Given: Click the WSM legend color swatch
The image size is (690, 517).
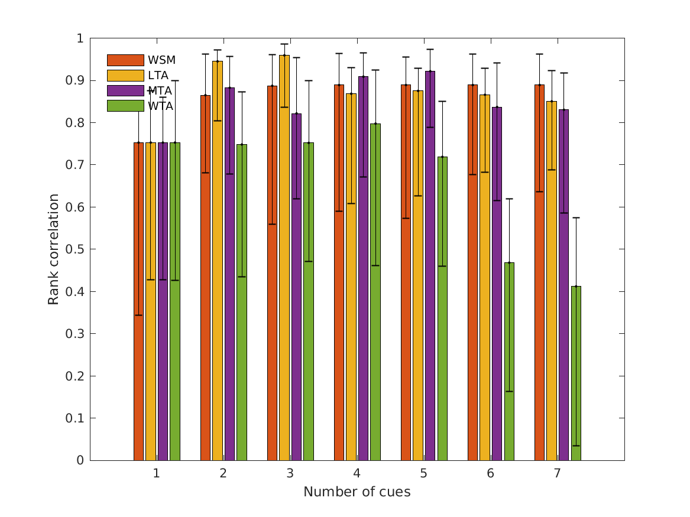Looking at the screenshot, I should (x=125, y=60).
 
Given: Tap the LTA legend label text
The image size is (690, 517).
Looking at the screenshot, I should (x=158, y=75).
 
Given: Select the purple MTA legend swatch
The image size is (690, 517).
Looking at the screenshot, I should (x=125, y=90).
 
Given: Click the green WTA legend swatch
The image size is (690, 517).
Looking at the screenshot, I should (x=125, y=106).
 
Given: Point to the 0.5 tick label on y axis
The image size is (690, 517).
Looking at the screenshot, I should (x=76, y=249).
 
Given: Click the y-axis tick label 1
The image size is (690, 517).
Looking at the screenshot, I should (x=80, y=38).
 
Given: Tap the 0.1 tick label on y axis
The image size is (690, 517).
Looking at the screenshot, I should (x=76, y=418).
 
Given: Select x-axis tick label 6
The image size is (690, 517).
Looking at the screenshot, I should (x=491, y=474).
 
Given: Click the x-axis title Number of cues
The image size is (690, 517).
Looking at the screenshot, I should (x=357, y=492).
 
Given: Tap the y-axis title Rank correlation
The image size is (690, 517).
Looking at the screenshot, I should (x=54, y=249).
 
